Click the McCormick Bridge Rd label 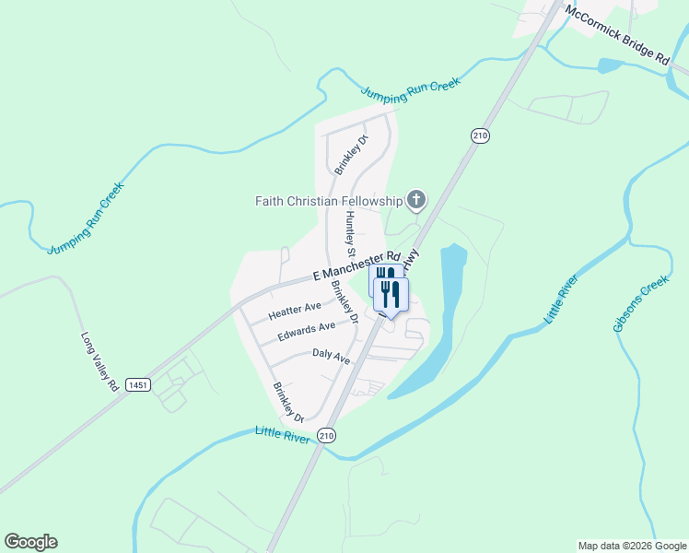[x=618, y=35]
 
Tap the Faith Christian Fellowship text [x=329, y=201]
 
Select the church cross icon [x=416, y=200]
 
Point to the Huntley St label [x=350, y=233]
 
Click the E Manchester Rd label [x=356, y=265]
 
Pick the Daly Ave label [x=331, y=356]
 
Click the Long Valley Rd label [x=99, y=362]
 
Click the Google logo [x=30, y=542]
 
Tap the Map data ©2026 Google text [x=631, y=546]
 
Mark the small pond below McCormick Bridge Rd [x=611, y=65]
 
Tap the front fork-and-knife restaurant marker [x=391, y=295]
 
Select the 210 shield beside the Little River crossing [x=327, y=434]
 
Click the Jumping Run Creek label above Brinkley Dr [x=409, y=89]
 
